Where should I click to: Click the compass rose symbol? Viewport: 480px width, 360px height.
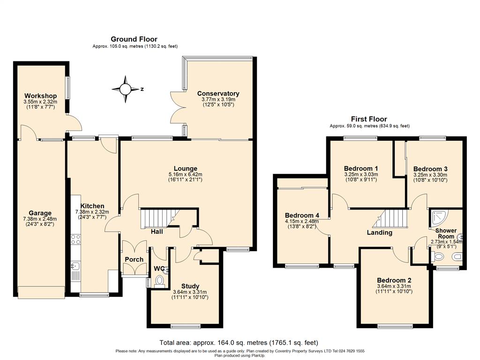tap(126, 89)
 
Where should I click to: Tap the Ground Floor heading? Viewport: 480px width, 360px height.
tap(134, 39)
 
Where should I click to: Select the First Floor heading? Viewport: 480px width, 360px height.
tap(369, 119)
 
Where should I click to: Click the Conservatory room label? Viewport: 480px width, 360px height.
tap(218, 93)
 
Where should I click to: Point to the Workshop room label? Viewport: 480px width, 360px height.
tap(40, 96)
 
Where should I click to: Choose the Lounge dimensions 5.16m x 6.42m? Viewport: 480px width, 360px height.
tap(185, 175)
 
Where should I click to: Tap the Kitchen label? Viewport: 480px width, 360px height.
tap(92, 206)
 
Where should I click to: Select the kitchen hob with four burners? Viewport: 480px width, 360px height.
tap(75, 240)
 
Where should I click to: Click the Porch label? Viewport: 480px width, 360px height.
tap(134, 259)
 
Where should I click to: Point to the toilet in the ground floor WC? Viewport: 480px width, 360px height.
tap(159, 280)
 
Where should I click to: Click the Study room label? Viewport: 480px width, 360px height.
tap(190, 286)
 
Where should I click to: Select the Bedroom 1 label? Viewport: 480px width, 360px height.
tap(361, 168)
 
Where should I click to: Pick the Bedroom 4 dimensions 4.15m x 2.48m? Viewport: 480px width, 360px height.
tap(302, 221)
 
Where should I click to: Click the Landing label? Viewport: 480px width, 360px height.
tap(379, 232)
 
